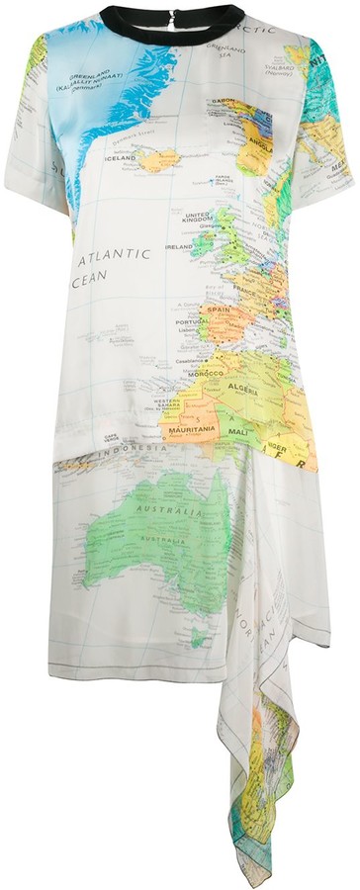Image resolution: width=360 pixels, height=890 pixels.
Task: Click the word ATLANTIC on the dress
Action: (x=116, y=255)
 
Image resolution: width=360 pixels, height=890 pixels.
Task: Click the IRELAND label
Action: (x=179, y=247)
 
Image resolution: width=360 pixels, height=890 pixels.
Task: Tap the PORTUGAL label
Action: (x=189, y=320)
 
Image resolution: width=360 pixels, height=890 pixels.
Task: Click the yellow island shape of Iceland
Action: (x=158, y=158)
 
